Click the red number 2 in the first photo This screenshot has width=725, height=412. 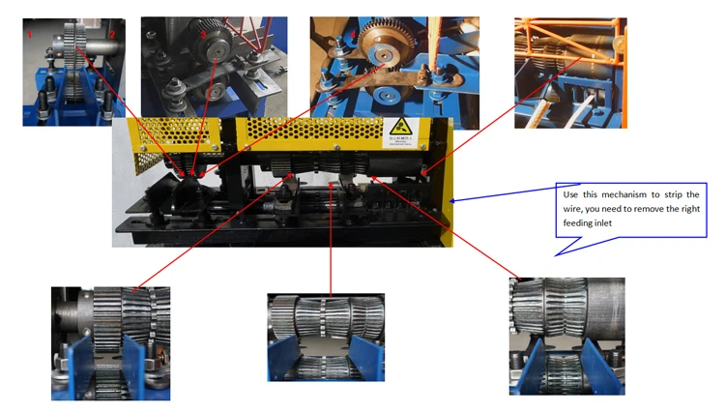pos(113,34)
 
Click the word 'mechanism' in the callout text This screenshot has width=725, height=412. pos(619,193)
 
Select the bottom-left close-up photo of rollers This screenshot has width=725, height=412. pos(110,343)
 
